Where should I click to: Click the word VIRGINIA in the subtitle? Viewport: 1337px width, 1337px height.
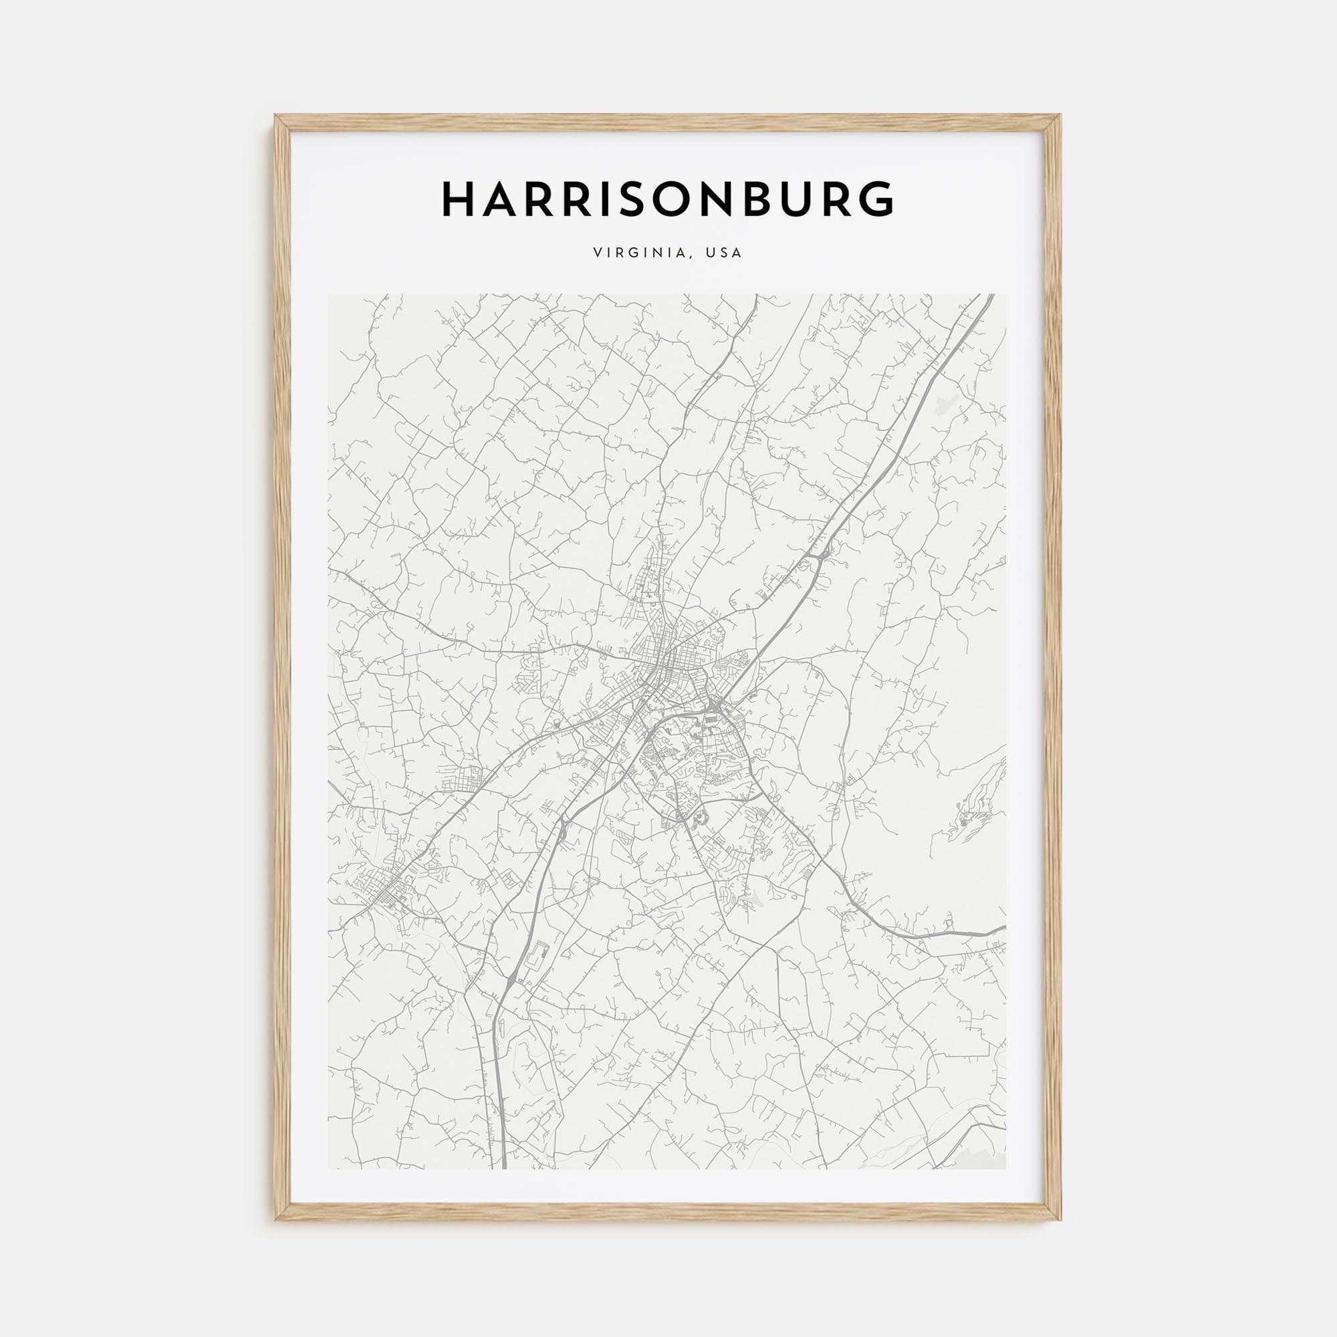coord(638,253)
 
